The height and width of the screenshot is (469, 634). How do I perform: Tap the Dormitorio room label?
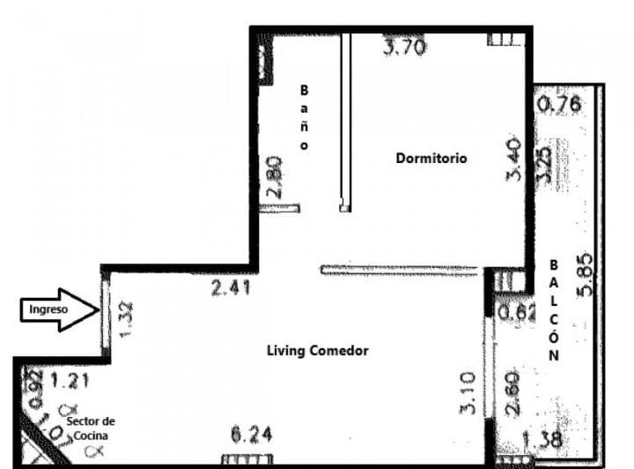pos(431,159)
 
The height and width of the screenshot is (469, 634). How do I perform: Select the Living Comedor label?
pos(317,351)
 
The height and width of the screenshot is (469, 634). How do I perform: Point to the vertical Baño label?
pos(305,117)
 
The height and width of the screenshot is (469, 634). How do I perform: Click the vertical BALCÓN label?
pos(554,310)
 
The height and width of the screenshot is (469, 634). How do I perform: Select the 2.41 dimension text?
pos(232,287)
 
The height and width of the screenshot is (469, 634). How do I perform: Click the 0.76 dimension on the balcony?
pos(559,105)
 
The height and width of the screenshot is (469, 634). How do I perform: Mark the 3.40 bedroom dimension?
pos(514,160)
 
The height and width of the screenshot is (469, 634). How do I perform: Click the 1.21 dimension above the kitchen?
pos(70,382)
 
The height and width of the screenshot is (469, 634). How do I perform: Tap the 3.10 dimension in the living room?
pos(468,393)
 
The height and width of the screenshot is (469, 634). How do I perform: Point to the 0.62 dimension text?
pos(517,312)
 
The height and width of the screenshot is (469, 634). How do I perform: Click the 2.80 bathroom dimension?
pos(275,177)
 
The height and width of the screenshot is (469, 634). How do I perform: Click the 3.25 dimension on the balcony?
pos(546,162)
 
